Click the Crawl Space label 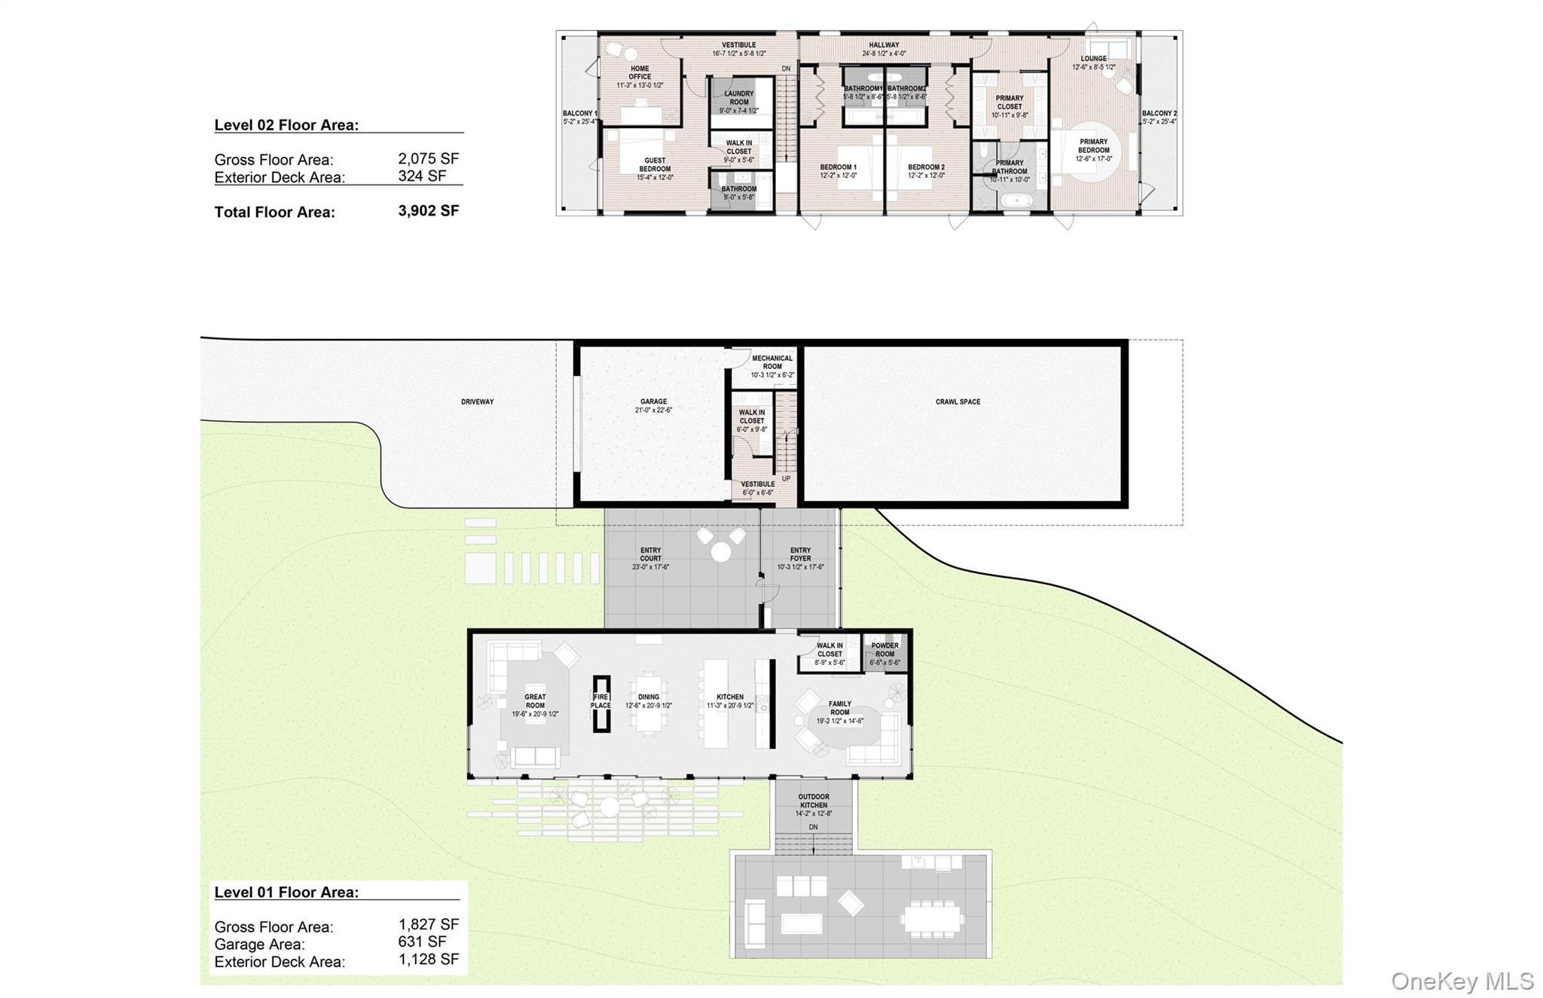coord(958,402)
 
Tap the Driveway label coord(477,402)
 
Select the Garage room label coord(653,406)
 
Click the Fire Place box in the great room coord(600,702)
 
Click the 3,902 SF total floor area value coord(428,211)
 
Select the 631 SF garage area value coord(422,942)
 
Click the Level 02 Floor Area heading coord(286,126)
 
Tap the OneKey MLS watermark coord(1462,981)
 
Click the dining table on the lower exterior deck coord(932,918)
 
